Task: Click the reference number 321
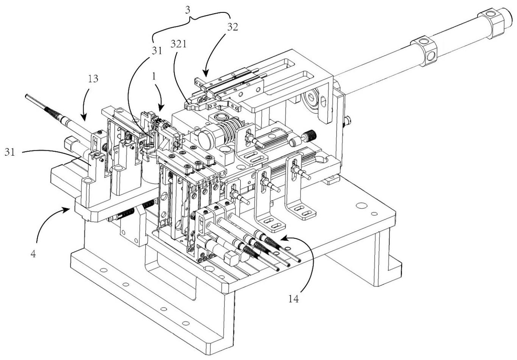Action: tap(178, 44)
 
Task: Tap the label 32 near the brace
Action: tap(232, 27)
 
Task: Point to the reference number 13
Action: tap(93, 79)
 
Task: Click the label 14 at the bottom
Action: tap(293, 299)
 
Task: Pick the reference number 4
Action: tap(33, 254)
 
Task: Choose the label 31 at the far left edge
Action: tap(10, 152)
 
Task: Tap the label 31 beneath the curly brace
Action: tap(157, 51)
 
